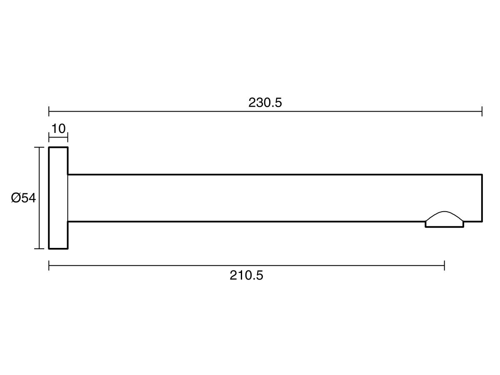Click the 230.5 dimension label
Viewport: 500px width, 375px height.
(265, 102)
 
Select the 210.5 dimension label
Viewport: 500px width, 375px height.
(246, 275)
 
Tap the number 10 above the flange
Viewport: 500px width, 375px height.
(59, 129)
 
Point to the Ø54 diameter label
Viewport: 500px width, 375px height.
(23, 197)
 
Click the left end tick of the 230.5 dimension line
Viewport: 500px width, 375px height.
(49, 111)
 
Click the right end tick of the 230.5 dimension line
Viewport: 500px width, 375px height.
(482, 111)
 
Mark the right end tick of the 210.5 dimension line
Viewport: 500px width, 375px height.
(444, 265)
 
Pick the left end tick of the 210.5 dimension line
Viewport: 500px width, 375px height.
(49, 265)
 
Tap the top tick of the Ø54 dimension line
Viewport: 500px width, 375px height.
(39, 147)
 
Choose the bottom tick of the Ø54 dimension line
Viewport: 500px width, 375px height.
(39, 249)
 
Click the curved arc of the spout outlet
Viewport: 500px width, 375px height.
(444, 212)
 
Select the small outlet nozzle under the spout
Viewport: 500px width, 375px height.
(444, 224)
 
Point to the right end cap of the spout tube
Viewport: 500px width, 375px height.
(482, 198)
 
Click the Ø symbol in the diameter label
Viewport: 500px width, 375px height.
(16, 197)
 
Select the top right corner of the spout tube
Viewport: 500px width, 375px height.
(482, 175)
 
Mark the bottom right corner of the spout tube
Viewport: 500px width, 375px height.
(482, 221)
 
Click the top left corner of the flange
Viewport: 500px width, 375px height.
(49, 147)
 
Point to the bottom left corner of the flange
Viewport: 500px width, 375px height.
(49, 249)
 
